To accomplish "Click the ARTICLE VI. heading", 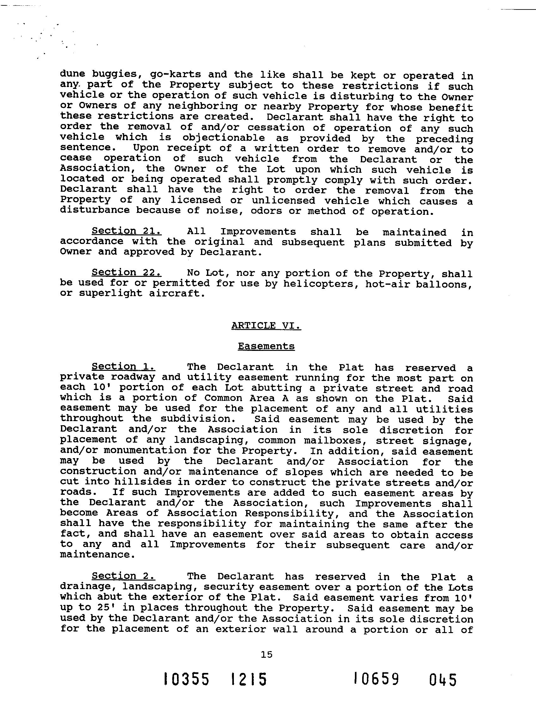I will point(266,325).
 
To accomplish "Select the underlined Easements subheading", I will point(266,346).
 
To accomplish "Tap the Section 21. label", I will point(126,231).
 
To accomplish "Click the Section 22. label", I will point(126,272).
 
